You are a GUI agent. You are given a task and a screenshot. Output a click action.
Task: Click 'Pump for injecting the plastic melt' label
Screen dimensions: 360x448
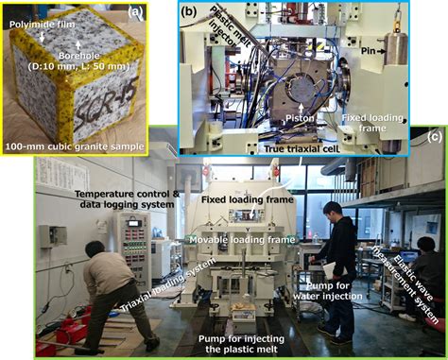pyautogui.click(x=238, y=342)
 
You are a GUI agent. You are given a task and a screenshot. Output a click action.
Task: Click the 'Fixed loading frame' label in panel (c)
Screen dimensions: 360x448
pyautogui.click(x=249, y=199)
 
